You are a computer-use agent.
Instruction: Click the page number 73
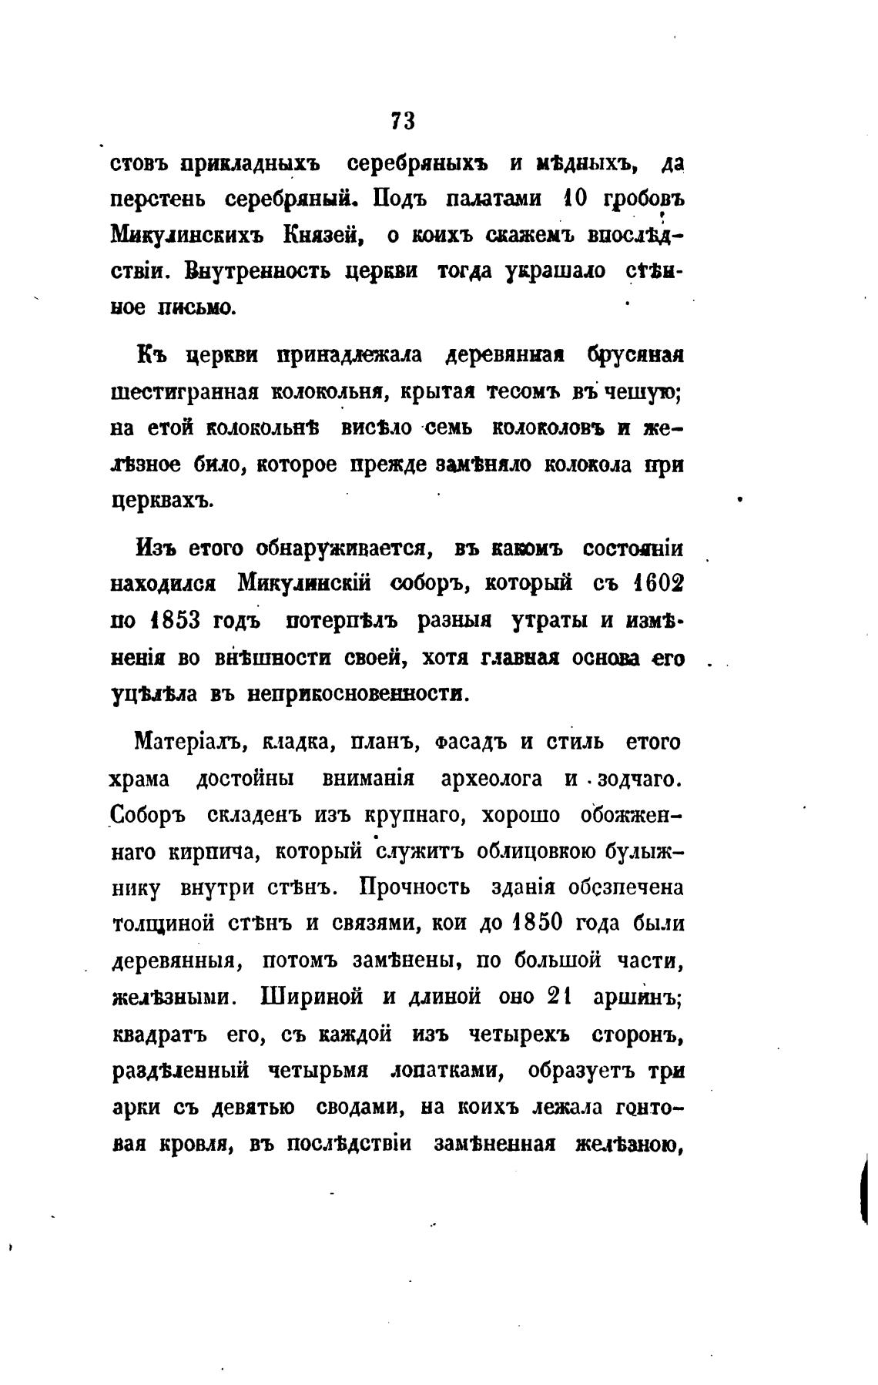[403, 121]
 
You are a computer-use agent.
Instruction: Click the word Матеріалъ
[188, 743]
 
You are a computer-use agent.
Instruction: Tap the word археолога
[490, 779]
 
